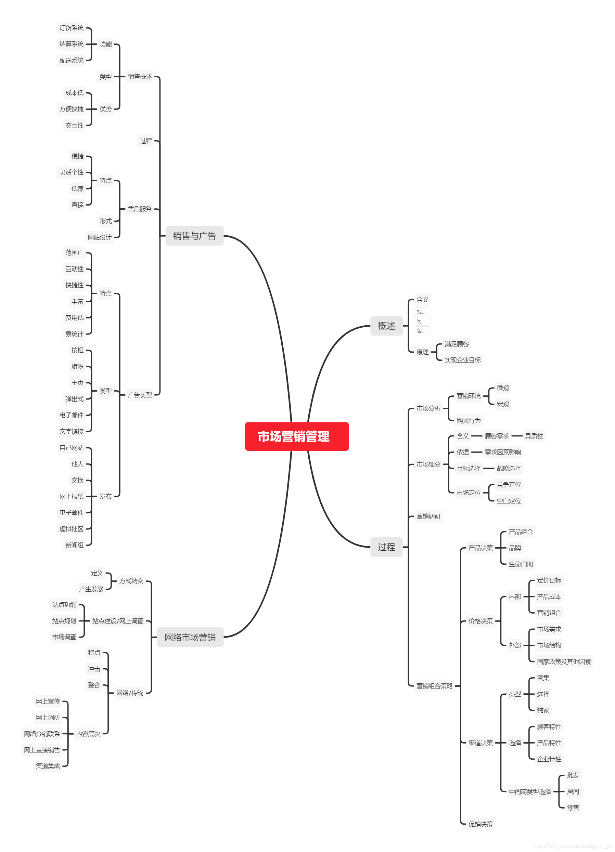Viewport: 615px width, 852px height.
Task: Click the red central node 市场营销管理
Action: [x=297, y=436]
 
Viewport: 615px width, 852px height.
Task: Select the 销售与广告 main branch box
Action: [x=194, y=236]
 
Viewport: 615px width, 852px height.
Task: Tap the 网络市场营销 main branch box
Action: [x=190, y=637]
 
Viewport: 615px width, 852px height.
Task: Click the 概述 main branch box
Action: [x=386, y=326]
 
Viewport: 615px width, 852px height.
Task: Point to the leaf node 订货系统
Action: [x=72, y=28]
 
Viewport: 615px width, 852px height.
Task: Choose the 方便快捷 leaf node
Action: [x=72, y=109]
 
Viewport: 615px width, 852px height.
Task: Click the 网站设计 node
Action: [x=100, y=237]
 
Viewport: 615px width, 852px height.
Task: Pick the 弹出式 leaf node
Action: [x=74, y=399]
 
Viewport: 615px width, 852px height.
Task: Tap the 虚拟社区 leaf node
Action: [x=72, y=529]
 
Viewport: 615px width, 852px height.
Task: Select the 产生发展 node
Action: [x=91, y=589]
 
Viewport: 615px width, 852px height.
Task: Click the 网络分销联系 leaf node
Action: [x=42, y=734]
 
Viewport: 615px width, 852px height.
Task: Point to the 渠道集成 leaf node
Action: [x=48, y=766]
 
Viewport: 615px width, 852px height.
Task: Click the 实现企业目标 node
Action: [x=462, y=360]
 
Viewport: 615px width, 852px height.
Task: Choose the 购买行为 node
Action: [x=469, y=420]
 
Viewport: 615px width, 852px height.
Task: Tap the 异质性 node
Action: [x=534, y=436]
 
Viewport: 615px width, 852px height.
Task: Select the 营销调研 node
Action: [x=428, y=516]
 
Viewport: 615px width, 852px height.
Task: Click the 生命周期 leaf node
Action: [x=521, y=564]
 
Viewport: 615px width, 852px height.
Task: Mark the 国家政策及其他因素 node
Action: [x=564, y=661]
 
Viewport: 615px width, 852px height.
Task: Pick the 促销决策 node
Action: [x=481, y=824]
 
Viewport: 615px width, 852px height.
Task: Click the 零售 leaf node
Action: [x=573, y=808]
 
